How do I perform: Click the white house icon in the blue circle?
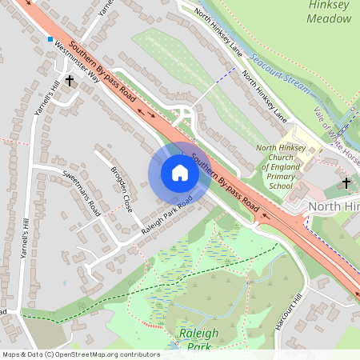(x=180, y=173)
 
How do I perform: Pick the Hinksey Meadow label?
(x=329, y=10)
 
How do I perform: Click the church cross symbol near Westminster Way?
(x=70, y=80)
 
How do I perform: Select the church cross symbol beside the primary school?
(x=346, y=183)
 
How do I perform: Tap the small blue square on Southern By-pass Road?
(x=50, y=38)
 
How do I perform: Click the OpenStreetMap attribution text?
(x=80, y=354)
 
